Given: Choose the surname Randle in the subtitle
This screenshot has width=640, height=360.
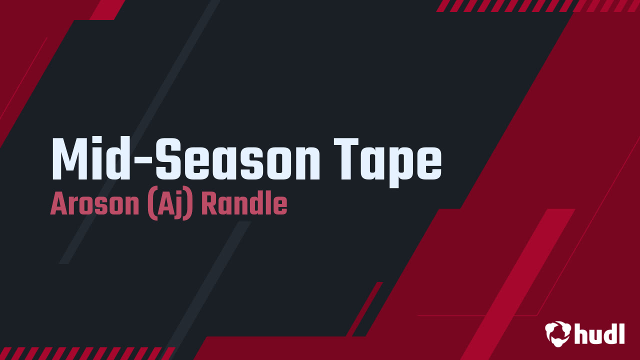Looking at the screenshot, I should click(244, 205).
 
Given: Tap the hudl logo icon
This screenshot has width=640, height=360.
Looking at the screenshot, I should click(558, 333).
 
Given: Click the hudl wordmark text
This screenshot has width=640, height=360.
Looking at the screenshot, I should click(599, 333).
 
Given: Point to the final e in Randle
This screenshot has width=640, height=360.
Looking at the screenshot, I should click(281, 207).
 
